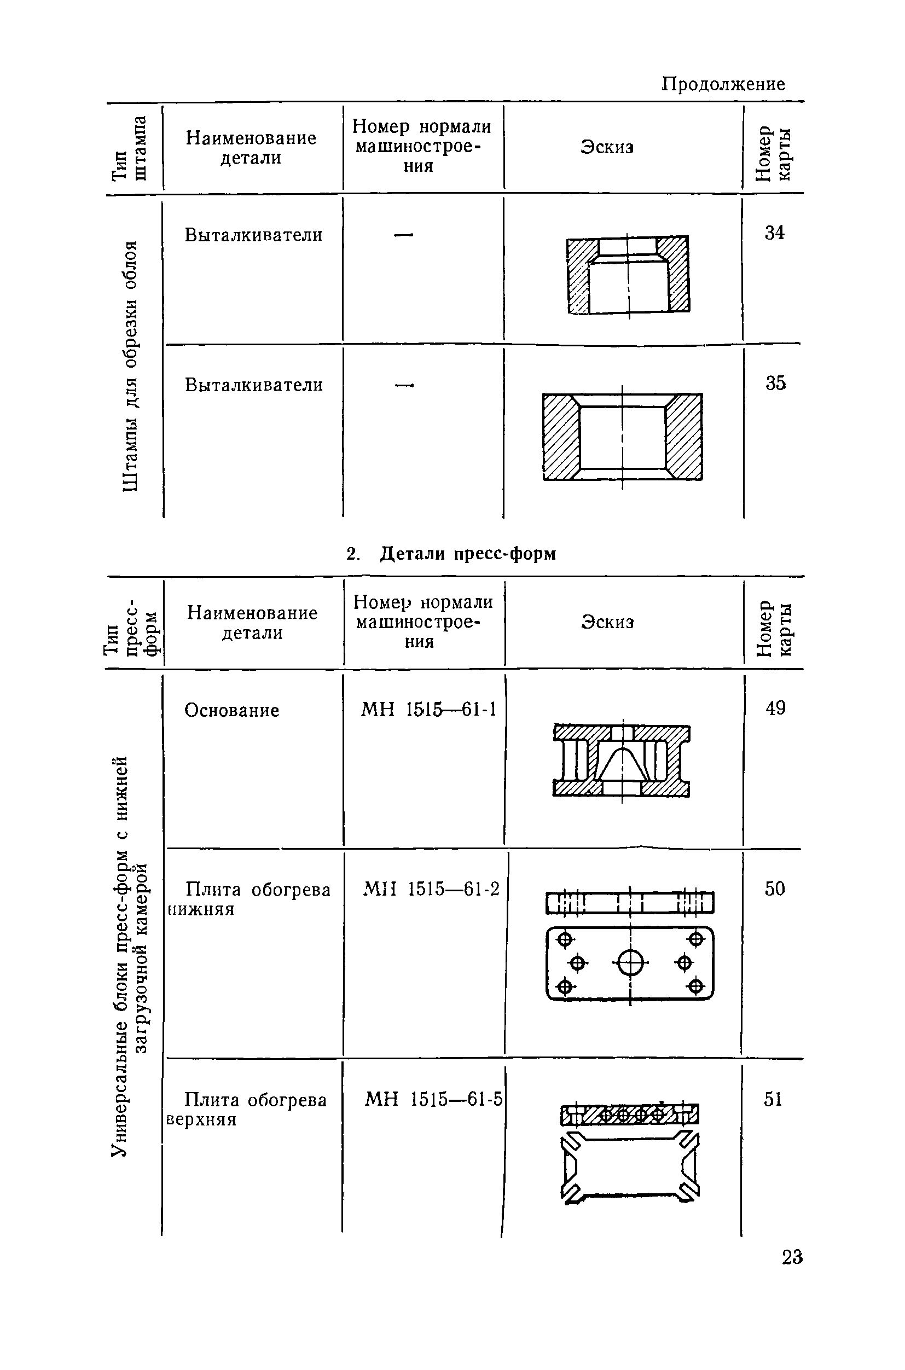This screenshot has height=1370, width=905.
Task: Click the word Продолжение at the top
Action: pos(723,84)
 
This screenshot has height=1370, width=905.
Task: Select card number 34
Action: pos(775,233)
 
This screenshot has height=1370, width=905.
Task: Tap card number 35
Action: pos(776,382)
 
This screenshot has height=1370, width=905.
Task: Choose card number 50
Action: pos(775,888)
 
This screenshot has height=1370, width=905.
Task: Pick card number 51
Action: pos(773,1099)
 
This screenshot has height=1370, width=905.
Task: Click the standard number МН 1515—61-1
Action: pos(428,709)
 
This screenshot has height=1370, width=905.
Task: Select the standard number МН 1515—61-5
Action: pos(433,1099)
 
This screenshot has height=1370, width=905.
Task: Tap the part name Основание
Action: pos(231,710)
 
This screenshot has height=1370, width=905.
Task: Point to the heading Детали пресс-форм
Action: pos(467,554)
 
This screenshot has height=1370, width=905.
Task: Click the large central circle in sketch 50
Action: pos(630,962)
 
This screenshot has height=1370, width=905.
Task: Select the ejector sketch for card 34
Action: pos(628,275)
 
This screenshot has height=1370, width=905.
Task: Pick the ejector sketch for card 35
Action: pos(622,436)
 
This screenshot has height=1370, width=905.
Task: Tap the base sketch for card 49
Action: pos(621,761)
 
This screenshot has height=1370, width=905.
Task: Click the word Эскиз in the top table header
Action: pos(607,147)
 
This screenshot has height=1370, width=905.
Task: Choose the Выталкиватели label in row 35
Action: pos(253,385)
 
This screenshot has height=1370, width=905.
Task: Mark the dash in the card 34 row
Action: pos(404,234)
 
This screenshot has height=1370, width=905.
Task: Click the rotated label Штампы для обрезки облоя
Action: pos(131,366)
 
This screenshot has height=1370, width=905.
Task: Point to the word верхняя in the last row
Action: pos(201,1120)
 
